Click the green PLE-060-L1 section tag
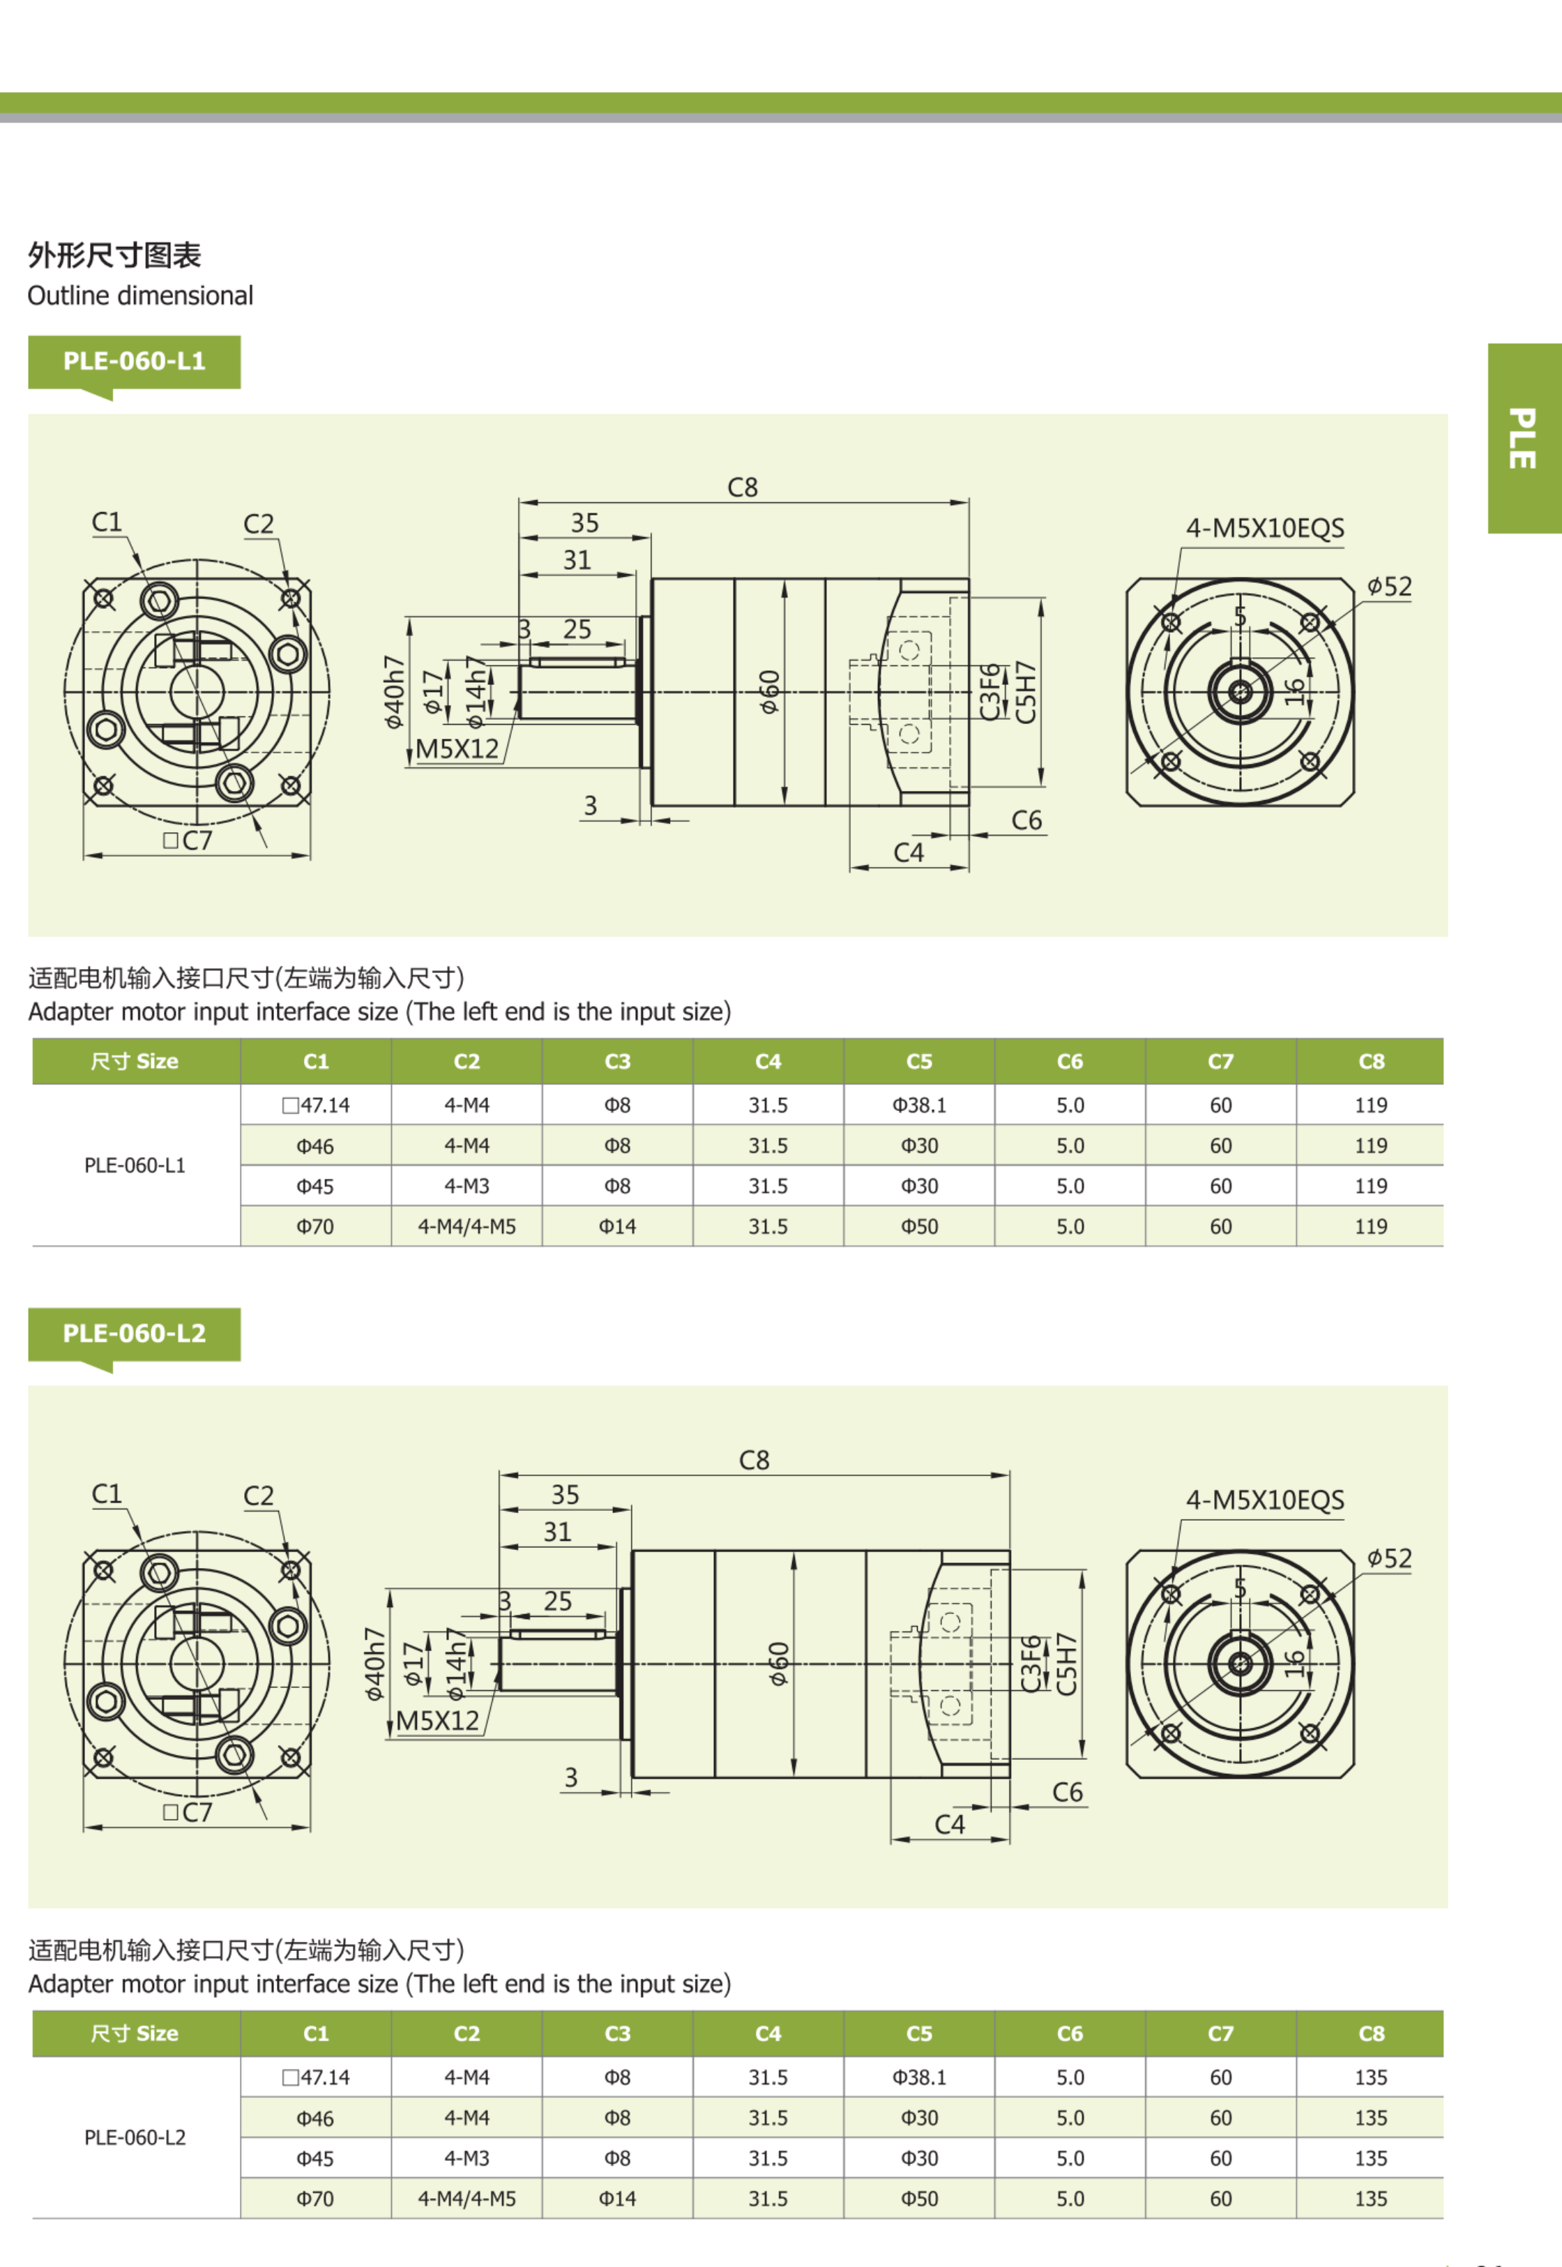click(x=134, y=361)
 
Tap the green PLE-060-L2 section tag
click(x=134, y=1333)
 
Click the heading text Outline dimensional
click(x=140, y=296)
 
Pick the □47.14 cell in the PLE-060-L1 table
click(x=315, y=1105)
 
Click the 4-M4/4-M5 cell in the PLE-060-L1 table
click(x=467, y=1226)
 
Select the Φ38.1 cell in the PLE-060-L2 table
click(x=919, y=2077)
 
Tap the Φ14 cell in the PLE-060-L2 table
click(x=618, y=2199)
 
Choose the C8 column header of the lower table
click(x=1371, y=2034)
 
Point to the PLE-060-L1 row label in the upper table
click(x=135, y=1166)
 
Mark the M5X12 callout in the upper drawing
click(x=457, y=749)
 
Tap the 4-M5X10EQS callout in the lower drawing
click(x=1264, y=1500)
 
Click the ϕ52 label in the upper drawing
click(x=1390, y=587)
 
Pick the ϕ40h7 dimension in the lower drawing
click(x=373, y=1664)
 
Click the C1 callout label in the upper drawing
click(x=107, y=522)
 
